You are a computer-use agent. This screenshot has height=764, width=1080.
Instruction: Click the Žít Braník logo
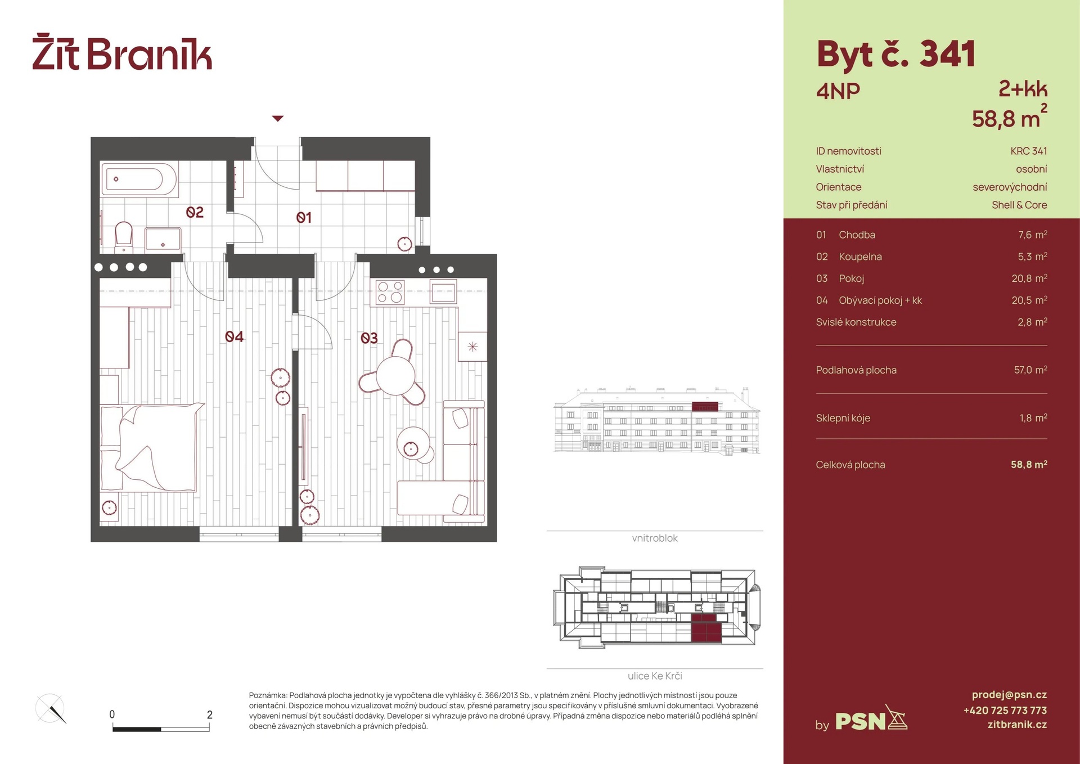pos(122,52)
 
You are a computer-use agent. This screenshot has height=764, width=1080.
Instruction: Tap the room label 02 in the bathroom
pos(195,212)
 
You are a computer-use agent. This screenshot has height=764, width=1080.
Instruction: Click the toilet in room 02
pos(124,237)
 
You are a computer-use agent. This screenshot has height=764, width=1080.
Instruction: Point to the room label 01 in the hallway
pos(304,217)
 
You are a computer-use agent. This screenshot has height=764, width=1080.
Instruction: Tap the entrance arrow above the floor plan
pos(278,118)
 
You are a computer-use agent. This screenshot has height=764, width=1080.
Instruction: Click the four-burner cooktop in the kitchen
pos(390,292)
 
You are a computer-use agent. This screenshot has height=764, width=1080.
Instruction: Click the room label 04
pos(234,336)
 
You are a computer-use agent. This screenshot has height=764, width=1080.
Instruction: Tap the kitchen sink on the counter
pos(443,292)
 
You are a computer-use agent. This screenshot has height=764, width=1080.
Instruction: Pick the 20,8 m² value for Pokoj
pos(1029,278)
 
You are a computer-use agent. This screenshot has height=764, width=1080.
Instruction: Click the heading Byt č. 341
pos(895,55)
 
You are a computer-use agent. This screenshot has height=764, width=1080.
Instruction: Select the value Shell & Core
pos(1019,205)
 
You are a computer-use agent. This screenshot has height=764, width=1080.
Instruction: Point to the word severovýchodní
pos(1010,187)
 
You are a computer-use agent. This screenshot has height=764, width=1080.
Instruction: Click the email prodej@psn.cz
pos(1009,695)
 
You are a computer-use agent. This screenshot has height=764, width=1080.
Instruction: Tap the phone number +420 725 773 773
pos(1005,710)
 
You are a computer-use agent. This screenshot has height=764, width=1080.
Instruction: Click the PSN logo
pos(871,719)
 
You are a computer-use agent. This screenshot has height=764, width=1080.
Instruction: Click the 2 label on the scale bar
pos(210,714)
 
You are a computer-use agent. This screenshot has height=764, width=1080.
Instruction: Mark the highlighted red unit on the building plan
pos(706,628)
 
